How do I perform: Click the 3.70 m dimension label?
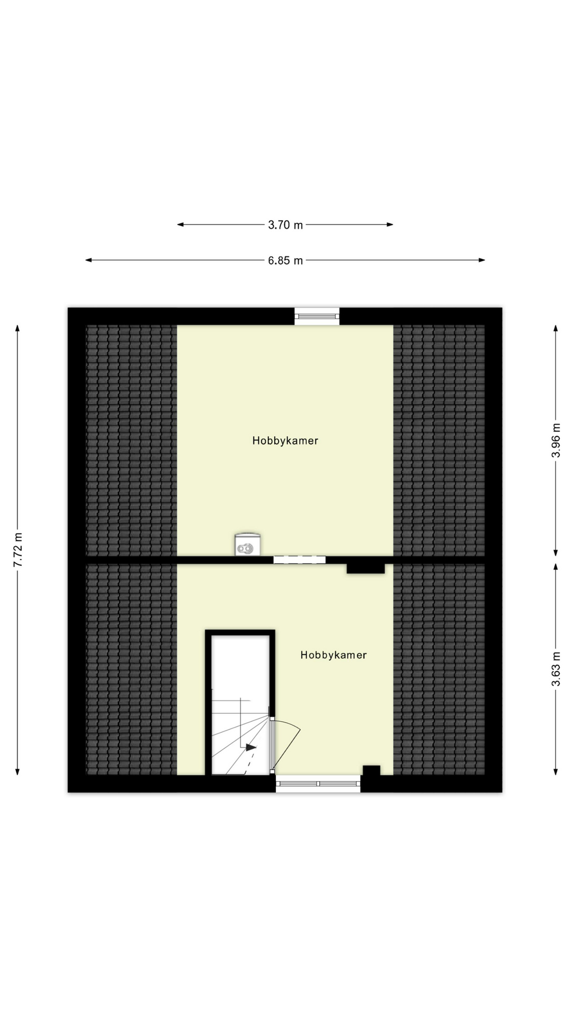pos(285,225)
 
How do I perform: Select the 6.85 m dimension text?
pos(285,260)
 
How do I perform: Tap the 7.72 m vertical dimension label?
pos(18,550)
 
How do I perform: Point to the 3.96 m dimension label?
pos(556,440)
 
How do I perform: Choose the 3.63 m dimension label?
pos(556,669)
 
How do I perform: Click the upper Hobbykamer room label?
pos(285,441)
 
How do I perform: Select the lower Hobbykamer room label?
pos(333,655)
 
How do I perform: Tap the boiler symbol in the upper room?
pos(247,545)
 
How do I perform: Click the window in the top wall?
pos(317,316)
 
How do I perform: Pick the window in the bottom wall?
pos(318,784)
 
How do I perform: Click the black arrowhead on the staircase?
pos(250,747)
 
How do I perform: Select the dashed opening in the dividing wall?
pos(299,559)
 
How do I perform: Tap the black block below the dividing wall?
pos(366,568)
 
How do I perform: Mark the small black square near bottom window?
pos(371,770)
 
